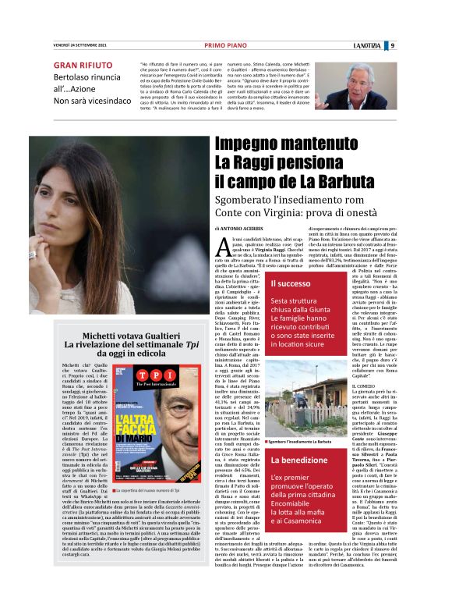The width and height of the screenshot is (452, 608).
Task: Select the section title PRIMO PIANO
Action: [x=225, y=45]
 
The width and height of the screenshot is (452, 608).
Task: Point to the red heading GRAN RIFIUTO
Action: [x=82, y=65]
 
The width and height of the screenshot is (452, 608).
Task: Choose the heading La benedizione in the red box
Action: [x=298, y=460]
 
